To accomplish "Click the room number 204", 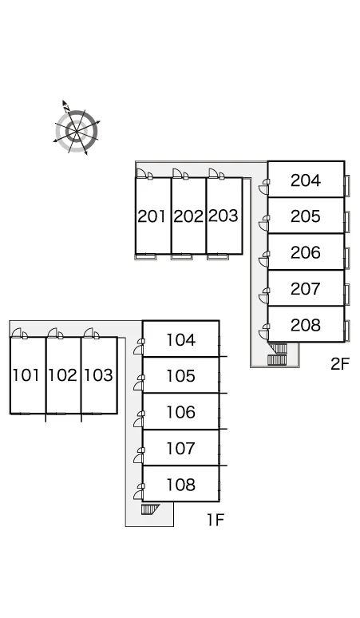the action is click(305, 180).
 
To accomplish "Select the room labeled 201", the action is click(152, 216).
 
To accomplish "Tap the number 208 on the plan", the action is click(305, 325).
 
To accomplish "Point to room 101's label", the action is click(26, 375).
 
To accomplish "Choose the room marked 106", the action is click(180, 412).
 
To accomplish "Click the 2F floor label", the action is click(340, 364).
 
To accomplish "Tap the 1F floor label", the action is click(216, 521).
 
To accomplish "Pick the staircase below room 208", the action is click(277, 354).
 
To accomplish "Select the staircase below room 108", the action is click(150, 509).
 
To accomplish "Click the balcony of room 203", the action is click(218, 257).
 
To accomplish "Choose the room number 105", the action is click(180, 376).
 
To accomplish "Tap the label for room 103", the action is click(98, 375).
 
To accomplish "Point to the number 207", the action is click(305, 289).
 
